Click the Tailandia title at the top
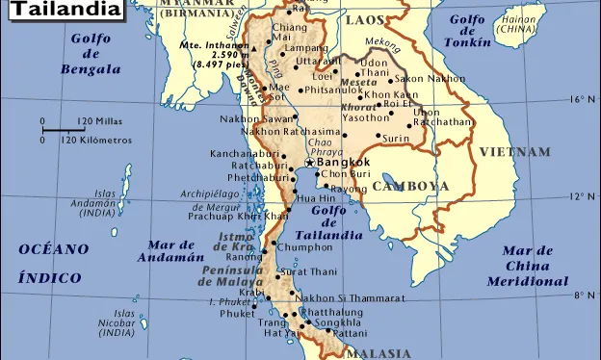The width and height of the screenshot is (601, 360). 65,11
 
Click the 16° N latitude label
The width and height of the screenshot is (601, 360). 579,99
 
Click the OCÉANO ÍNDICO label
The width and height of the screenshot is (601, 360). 53,263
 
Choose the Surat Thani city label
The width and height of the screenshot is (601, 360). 311,272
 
